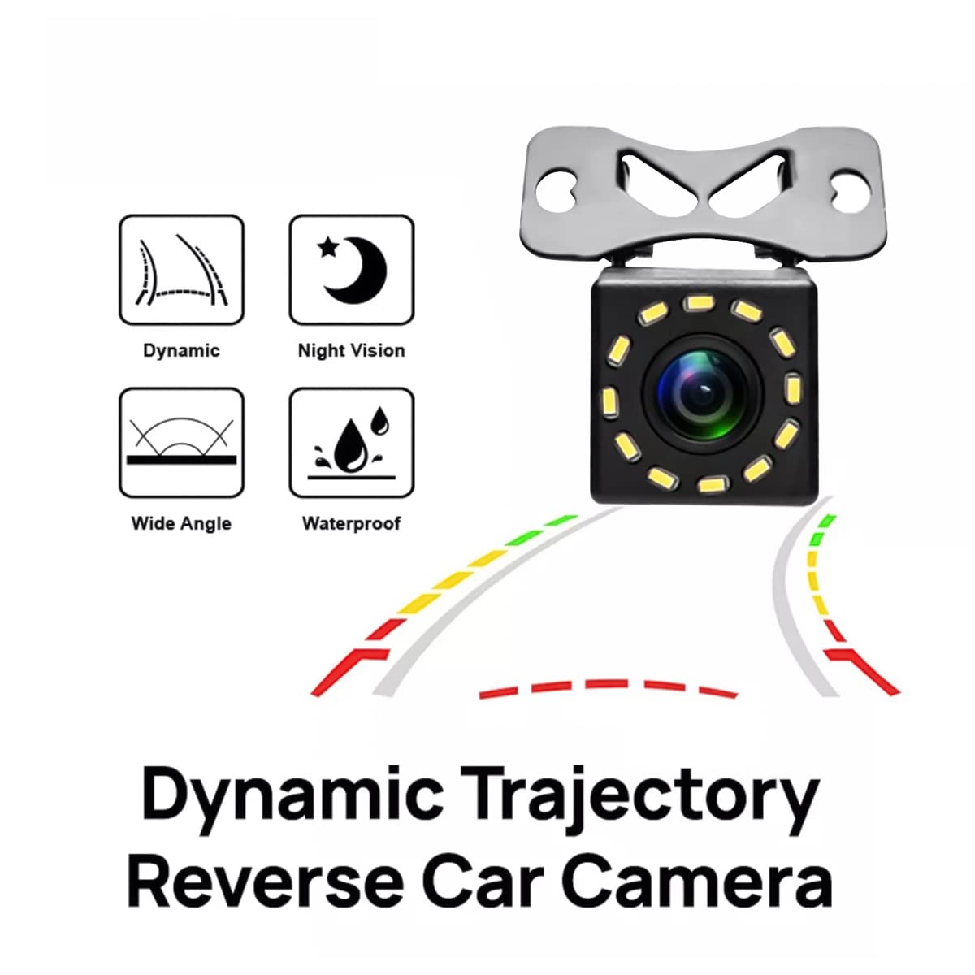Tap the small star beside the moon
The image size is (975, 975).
coord(328,248)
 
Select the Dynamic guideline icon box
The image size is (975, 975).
coord(182,270)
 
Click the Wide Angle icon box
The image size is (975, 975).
coord(182,444)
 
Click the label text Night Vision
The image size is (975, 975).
coord(352,351)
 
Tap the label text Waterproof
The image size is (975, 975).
coord(352,523)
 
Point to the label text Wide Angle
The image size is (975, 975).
coord(181,524)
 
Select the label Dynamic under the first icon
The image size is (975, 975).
coord(182,351)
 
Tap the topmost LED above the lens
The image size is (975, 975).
coord(699,304)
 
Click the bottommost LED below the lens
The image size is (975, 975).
coord(715,485)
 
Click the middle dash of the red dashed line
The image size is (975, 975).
coord(607,684)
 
